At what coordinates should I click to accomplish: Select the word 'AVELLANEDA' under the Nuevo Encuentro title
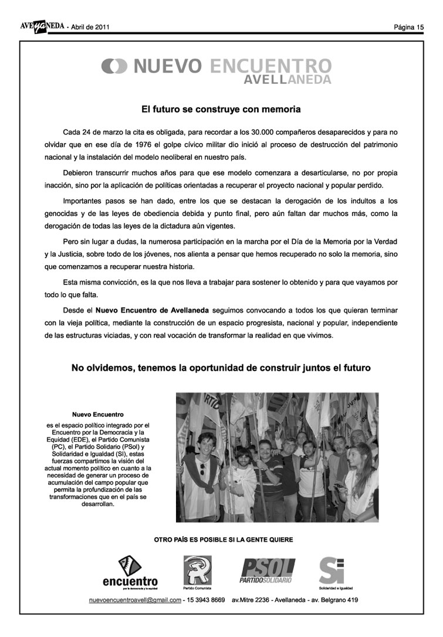click(288, 79)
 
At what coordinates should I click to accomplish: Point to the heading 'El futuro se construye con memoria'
click(221, 109)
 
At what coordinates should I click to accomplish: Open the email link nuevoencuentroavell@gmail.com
click(134, 600)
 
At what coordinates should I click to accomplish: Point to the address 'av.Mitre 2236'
click(252, 600)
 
